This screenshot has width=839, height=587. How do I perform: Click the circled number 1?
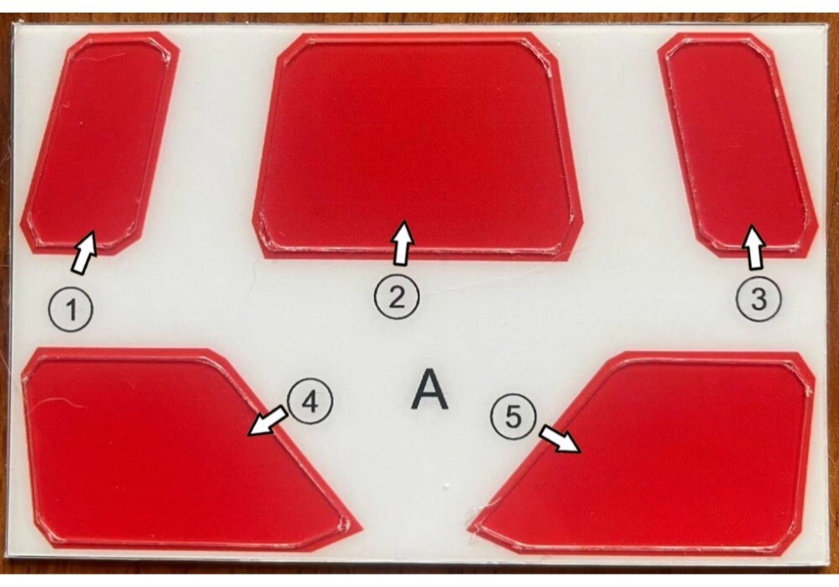coord(71,309)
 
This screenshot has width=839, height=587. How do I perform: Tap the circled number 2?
coord(397,297)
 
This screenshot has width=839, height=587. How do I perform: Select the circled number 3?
coord(758,299)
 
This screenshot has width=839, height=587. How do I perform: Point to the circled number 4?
coord(310,402)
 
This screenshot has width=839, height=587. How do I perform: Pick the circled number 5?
coord(513,417)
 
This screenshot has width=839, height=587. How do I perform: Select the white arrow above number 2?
coord(404,242)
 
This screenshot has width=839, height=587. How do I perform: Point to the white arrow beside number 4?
coord(268,420)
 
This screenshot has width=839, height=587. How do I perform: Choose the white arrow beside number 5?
coord(559,439)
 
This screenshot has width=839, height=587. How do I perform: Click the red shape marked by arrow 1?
coord(100,143)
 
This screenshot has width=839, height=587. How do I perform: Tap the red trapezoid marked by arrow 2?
coord(417,147)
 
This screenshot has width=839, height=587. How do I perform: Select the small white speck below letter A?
coord(446,486)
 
